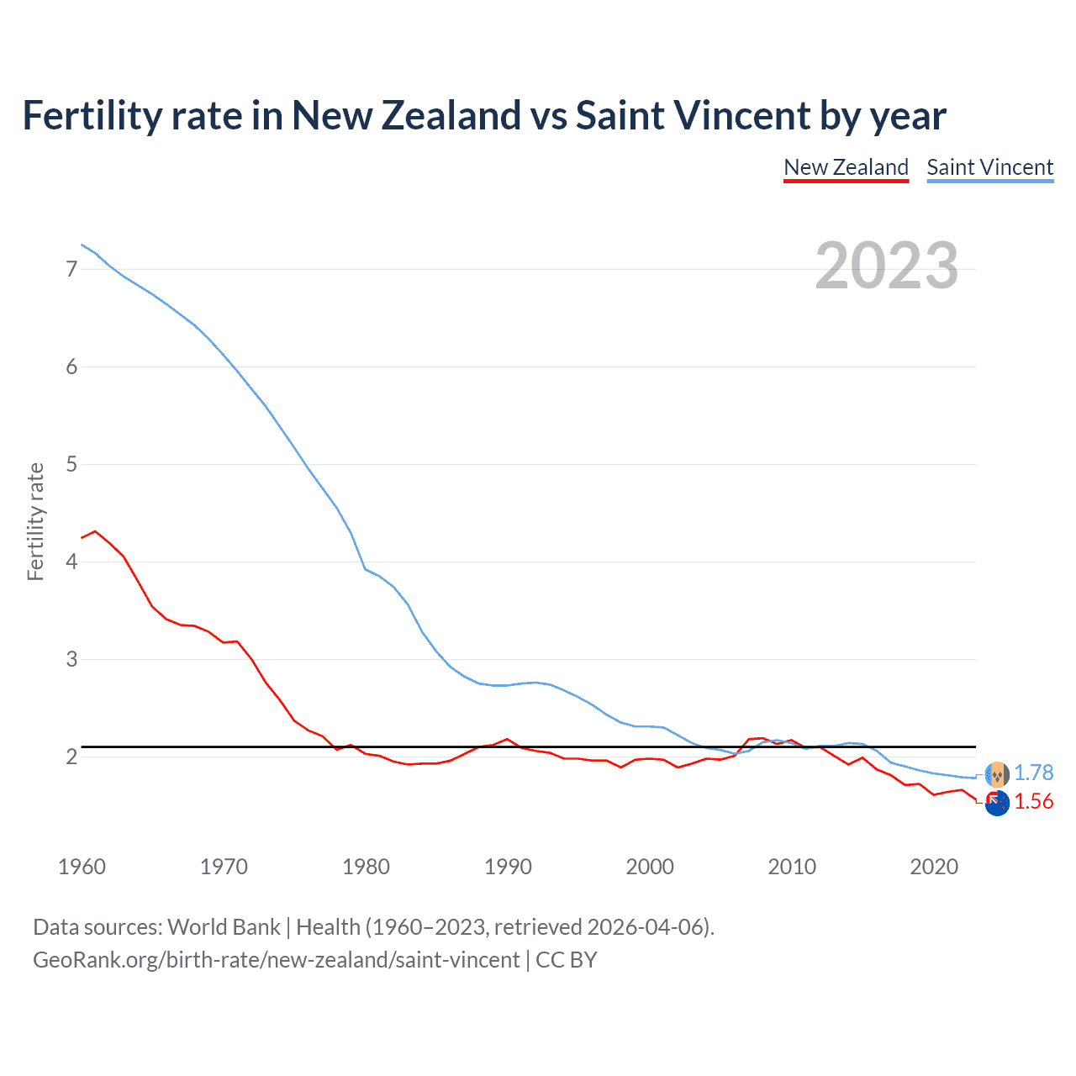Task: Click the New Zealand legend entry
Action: click(x=846, y=167)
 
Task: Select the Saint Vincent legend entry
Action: click(x=989, y=167)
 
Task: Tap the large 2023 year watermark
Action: click(x=886, y=266)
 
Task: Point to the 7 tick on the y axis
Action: click(x=71, y=269)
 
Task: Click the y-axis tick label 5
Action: click(x=71, y=464)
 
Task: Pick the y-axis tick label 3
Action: click(x=71, y=659)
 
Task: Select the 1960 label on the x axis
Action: click(x=82, y=867)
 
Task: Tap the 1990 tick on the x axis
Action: click(x=508, y=867)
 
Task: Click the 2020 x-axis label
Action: click(x=934, y=867)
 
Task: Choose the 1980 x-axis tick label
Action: click(x=366, y=867)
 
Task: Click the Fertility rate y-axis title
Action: click(x=35, y=521)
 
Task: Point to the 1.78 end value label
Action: click(x=1033, y=773)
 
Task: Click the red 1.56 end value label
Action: click(x=1033, y=801)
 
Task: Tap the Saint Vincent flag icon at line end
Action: click(x=997, y=773)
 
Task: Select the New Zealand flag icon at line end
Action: click(x=997, y=803)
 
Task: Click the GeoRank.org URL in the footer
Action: click(x=276, y=959)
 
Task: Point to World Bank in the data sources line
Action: click(x=224, y=926)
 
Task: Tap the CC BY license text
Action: click(x=567, y=959)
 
